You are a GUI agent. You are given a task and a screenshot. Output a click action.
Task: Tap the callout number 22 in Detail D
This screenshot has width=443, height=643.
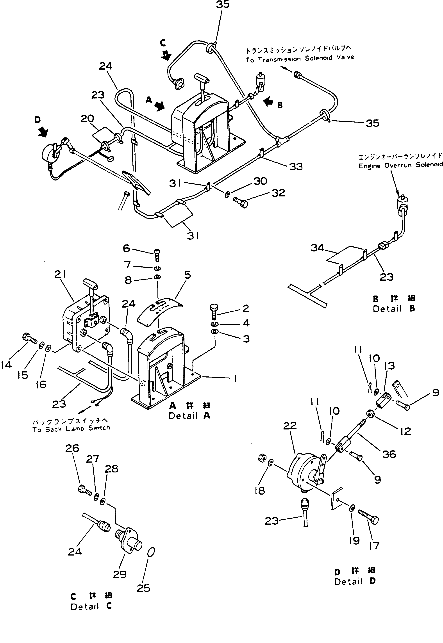(x=290, y=426)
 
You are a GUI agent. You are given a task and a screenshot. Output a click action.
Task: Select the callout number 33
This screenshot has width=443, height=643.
(x=296, y=166)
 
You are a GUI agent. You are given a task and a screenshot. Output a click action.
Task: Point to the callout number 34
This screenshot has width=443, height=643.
(x=317, y=248)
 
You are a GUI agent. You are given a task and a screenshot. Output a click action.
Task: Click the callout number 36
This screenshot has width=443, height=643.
(x=389, y=454)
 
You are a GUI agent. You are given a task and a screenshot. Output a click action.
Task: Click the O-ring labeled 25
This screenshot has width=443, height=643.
(x=151, y=552)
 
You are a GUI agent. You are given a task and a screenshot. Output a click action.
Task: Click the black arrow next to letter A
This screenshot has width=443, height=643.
(x=159, y=106)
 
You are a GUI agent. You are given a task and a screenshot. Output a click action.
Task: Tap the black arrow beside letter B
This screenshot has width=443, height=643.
(x=268, y=102)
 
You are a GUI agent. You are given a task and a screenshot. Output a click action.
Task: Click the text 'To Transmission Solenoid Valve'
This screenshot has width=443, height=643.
(x=300, y=59)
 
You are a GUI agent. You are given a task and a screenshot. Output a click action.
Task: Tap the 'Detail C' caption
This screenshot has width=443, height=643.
(x=91, y=607)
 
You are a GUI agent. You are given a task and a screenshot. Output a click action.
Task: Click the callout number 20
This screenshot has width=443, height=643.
(x=87, y=119)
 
